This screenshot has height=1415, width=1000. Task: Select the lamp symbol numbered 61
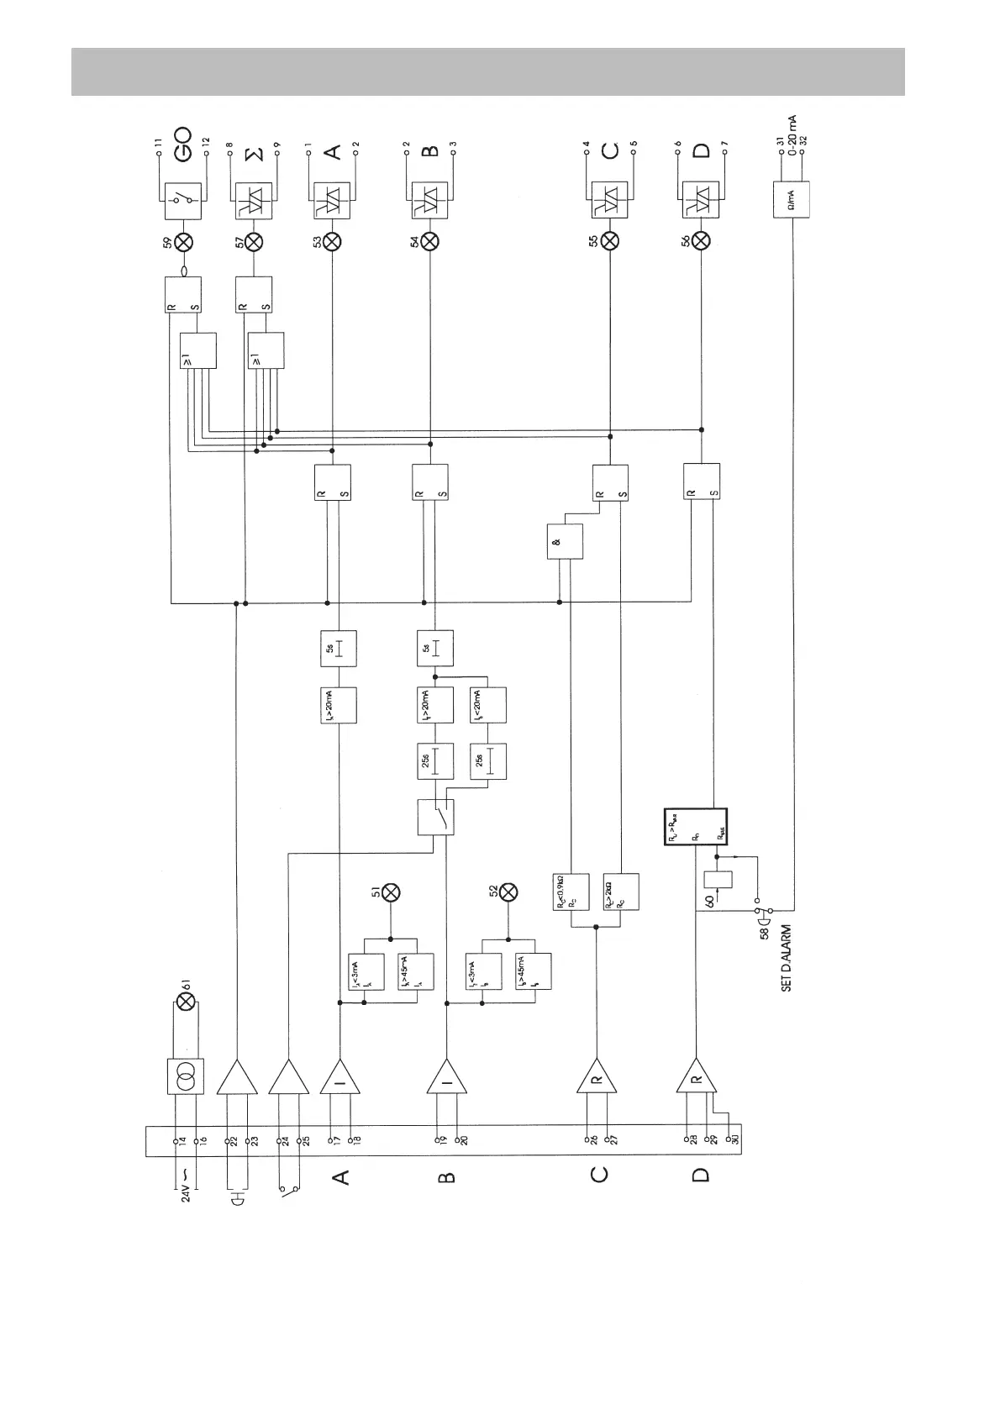[x=187, y=1001]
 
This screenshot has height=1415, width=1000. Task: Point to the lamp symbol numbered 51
[x=390, y=892]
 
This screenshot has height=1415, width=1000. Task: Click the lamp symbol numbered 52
[x=508, y=892]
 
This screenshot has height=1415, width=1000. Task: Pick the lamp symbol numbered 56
[x=701, y=242]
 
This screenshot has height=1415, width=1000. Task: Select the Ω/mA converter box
[x=792, y=200]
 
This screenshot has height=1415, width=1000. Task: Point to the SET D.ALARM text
[x=787, y=959]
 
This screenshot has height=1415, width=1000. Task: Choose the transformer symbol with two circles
[x=185, y=1076]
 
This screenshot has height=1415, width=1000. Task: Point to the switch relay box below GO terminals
[x=184, y=200]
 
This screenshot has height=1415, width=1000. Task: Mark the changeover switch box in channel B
[x=435, y=817]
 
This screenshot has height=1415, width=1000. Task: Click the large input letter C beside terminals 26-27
[x=598, y=1173]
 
